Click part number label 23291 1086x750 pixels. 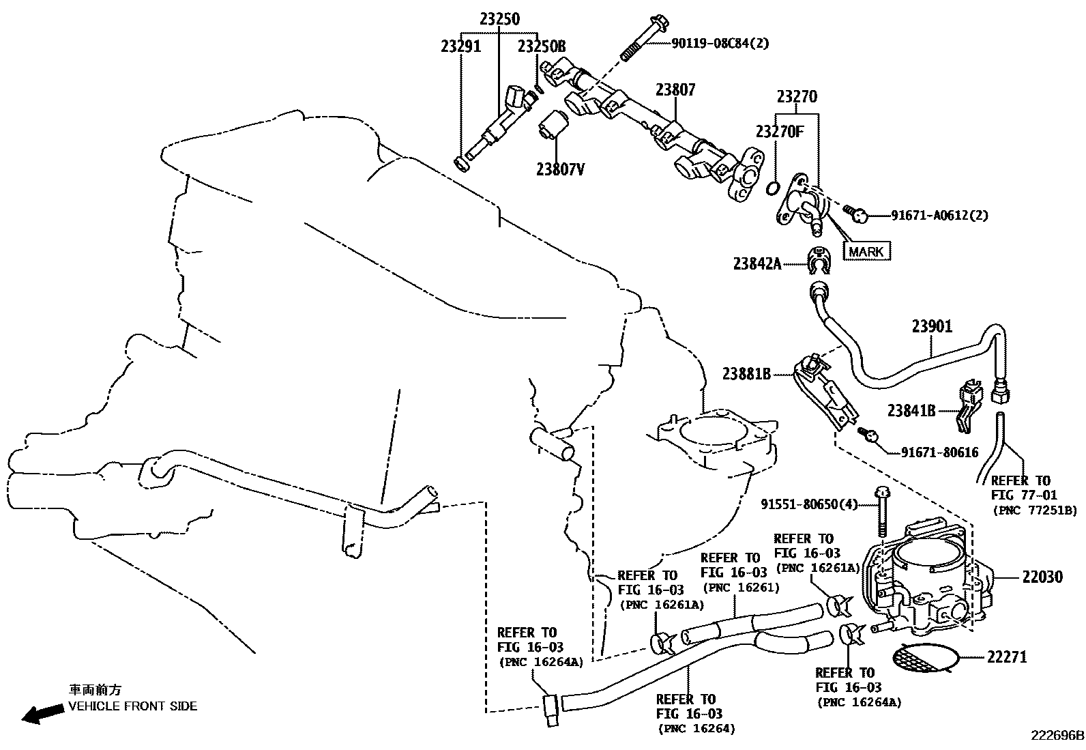[460, 46]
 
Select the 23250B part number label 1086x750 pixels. [542, 46]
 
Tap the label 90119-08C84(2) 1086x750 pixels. [720, 44]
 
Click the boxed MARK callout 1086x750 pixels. [867, 252]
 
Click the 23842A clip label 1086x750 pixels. [757, 263]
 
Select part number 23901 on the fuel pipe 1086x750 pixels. [932, 326]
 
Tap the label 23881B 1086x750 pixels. [746, 373]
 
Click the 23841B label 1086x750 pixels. [911, 410]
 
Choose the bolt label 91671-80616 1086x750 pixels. [939, 452]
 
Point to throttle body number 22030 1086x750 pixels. [1042, 577]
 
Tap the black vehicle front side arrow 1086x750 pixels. [40, 714]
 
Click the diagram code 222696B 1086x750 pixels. [1057, 736]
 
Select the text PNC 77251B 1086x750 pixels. [1034, 510]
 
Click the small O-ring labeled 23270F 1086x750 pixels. [773, 188]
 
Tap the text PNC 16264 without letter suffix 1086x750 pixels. [696, 729]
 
